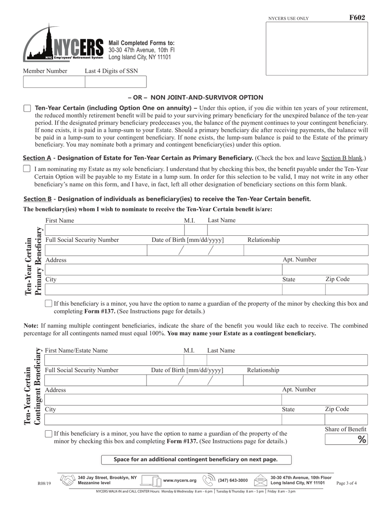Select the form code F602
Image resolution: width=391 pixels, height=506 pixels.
tap(356, 18)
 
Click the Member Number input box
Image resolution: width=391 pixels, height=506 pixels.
tap(54, 82)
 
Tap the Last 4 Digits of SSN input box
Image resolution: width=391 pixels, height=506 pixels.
tap(115, 82)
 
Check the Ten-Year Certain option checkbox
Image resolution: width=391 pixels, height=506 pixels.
tap(27, 109)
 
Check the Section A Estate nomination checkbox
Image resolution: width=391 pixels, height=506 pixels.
tap(27, 169)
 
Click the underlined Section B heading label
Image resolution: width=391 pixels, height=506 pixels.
tap(37, 199)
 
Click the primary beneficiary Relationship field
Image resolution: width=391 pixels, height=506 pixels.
tap(306, 250)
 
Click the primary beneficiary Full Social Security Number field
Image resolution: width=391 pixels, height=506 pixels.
tap(95, 250)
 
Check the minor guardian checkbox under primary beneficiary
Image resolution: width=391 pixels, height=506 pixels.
tap(49, 304)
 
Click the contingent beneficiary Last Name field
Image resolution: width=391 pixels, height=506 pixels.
tap(287, 361)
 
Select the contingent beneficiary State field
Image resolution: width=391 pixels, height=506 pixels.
tap(303, 420)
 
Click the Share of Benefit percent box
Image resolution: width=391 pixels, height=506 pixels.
tap(346, 440)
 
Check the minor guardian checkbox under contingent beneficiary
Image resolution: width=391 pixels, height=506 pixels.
tap(49, 434)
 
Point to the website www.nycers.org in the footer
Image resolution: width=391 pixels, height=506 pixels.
tap(179, 480)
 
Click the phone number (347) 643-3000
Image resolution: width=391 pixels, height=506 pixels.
tap(233, 480)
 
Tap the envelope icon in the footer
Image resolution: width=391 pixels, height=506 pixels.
tap(261, 480)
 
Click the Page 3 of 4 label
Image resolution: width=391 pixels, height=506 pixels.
tap(347, 483)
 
